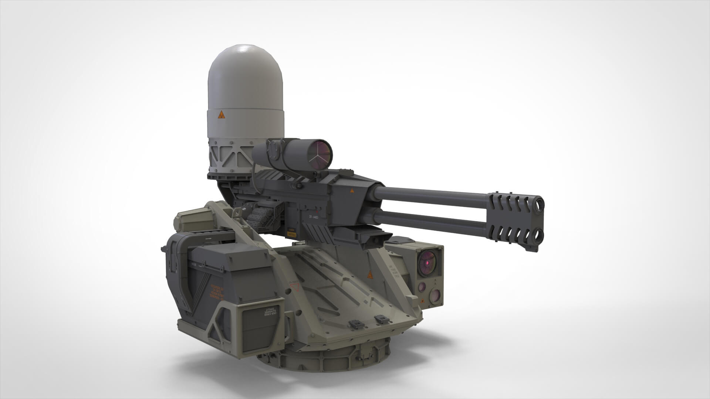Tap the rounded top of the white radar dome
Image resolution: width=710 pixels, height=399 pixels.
pyautogui.click(x=246, y=55)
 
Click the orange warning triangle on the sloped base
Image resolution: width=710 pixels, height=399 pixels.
pyautogui.click(x=369, y=275)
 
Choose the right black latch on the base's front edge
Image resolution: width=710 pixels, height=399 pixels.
pyautogui.click(x=380, y=318)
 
